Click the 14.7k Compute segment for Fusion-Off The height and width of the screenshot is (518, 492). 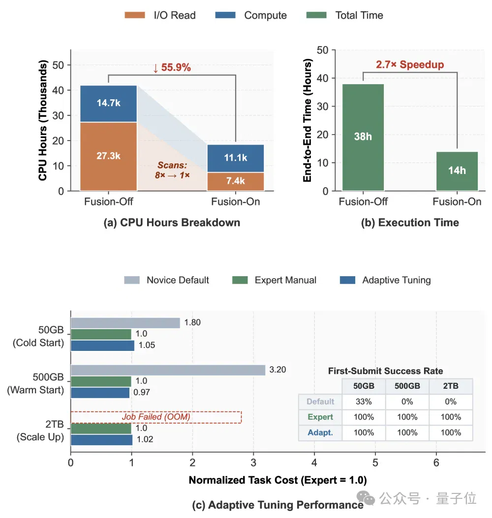[108, 104]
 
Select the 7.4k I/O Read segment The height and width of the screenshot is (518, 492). [235, 181]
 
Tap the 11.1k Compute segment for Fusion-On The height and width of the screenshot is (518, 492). [235, 158]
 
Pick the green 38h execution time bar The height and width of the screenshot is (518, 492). [363, 138]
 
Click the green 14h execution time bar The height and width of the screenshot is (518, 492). [457, 171]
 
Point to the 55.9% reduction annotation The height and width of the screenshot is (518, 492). [172, 67]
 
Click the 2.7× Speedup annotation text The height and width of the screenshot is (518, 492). [410, 64]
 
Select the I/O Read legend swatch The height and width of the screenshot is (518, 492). [135, 15]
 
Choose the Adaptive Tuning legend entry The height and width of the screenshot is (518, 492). [385, 280]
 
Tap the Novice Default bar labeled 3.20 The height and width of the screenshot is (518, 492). [168, 370]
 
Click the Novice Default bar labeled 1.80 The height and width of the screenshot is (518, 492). [125, 323]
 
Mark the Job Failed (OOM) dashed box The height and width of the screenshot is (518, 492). [156, 417]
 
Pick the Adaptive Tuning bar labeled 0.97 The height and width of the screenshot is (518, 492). [100, 393]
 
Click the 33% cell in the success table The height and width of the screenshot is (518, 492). [364, 402]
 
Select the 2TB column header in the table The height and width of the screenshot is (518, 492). [451, 386]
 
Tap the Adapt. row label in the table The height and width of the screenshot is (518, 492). [320, 432]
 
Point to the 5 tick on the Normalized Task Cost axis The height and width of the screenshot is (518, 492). [375, 462]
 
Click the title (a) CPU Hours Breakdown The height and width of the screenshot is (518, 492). [172, 222]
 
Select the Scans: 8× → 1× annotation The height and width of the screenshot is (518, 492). [172, 170]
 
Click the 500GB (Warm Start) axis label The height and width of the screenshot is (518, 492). [35, 383]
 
